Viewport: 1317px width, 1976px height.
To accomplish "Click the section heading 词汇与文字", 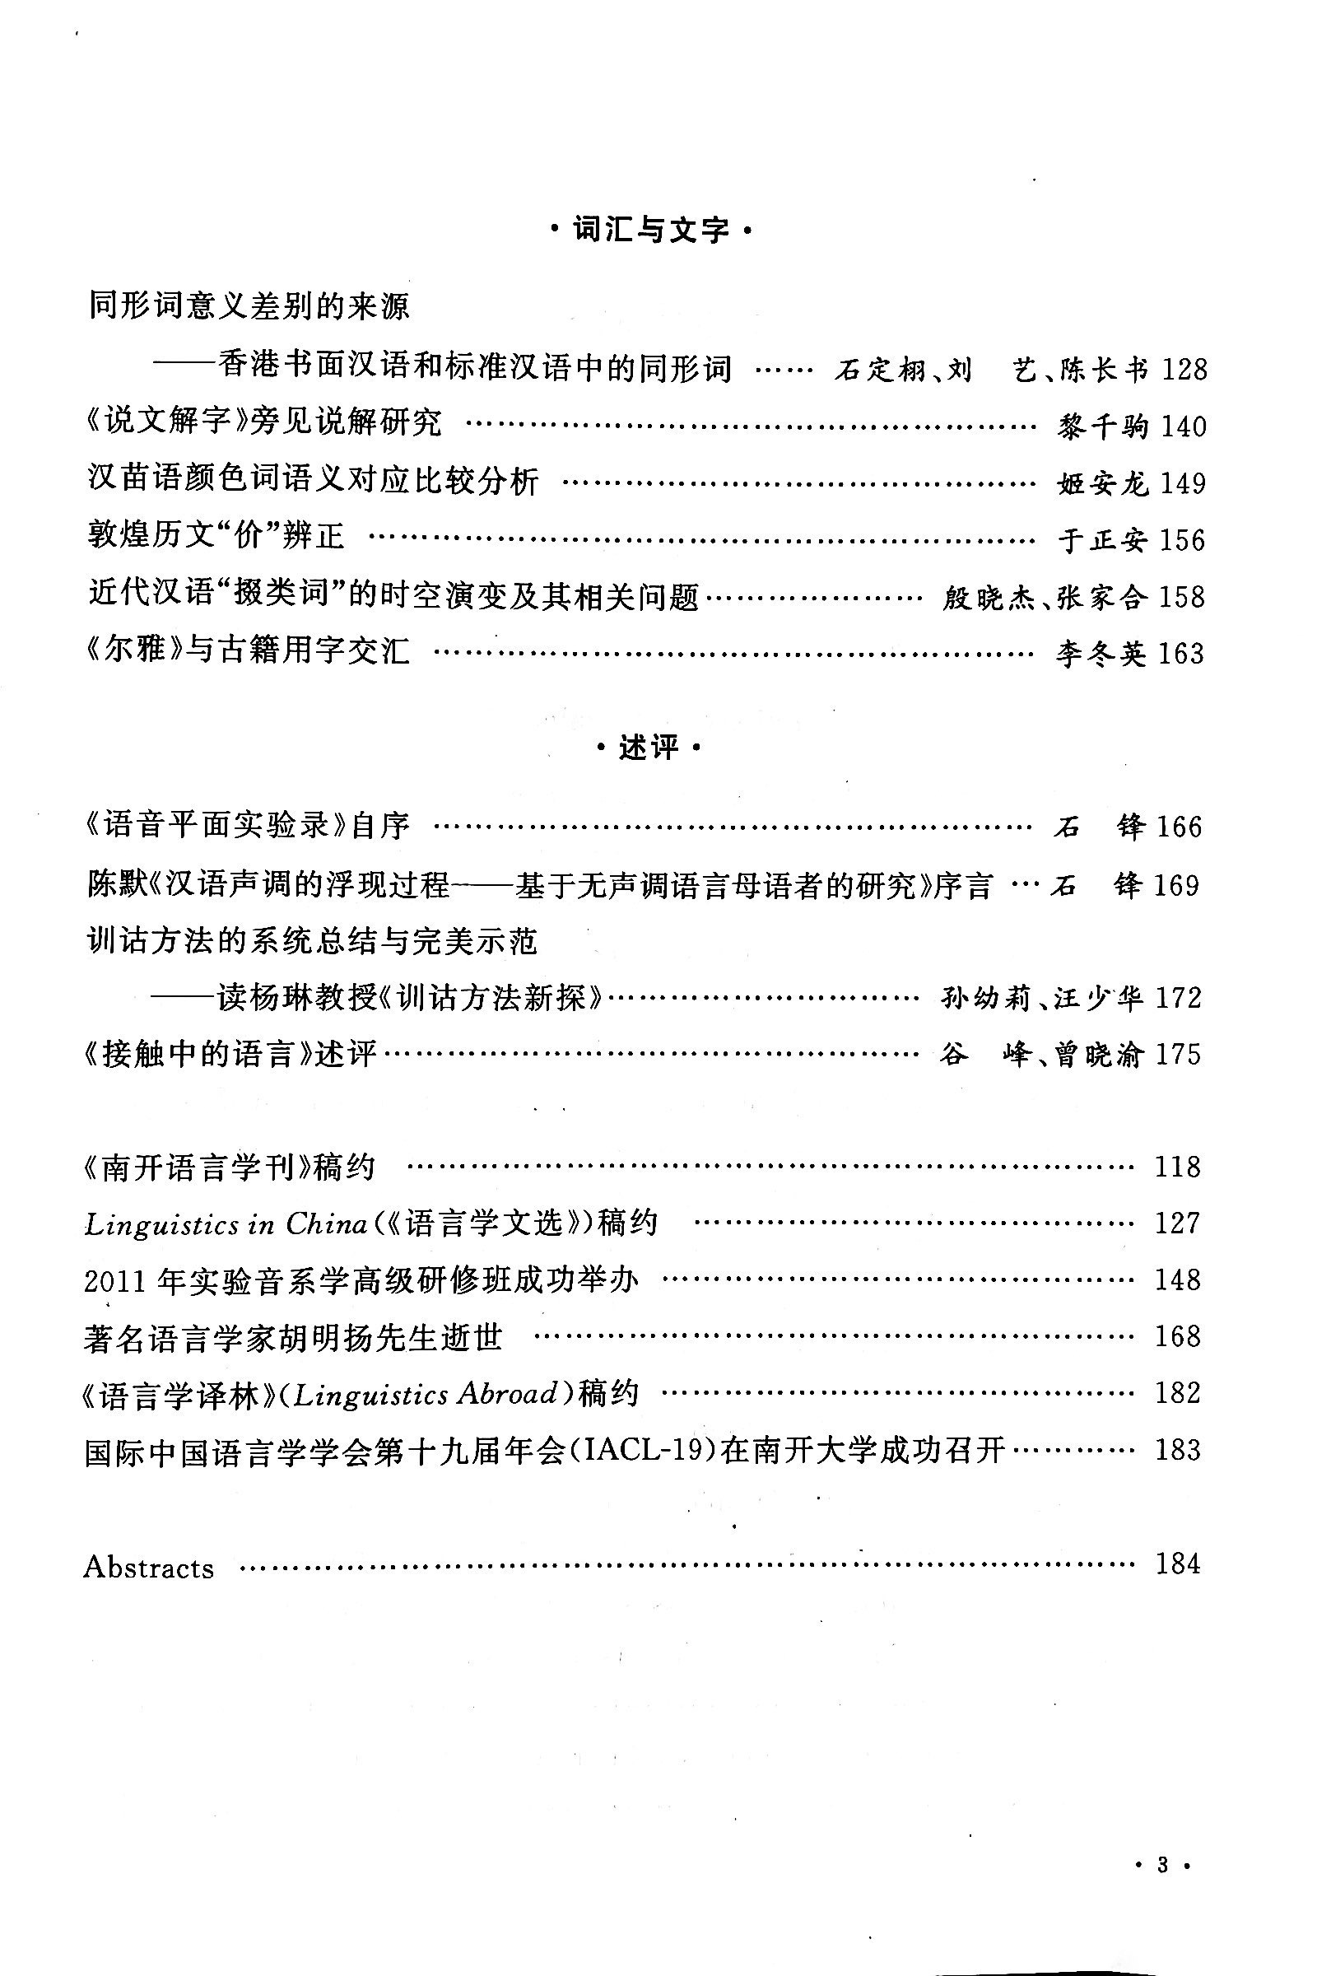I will pos(650,230).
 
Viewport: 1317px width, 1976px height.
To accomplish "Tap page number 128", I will pos(1184,370).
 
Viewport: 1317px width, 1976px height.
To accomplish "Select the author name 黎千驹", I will pos(1102,426).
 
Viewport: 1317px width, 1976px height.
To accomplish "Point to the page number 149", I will pos(1183,484).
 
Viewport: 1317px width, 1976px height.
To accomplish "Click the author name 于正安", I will pos(1102,540).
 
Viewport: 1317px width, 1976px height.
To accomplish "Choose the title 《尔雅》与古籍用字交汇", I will pos(249,650).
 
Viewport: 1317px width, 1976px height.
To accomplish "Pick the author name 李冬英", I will pos(1101,654).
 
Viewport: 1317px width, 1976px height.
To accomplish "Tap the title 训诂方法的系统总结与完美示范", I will pos(313,942).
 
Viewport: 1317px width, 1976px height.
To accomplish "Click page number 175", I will pos(1178,1056).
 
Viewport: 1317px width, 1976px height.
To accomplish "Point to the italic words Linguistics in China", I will pos(225,1225).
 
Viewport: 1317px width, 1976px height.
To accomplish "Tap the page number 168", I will pos(1178,1336).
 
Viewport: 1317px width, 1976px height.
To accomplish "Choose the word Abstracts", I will pos(149,1568).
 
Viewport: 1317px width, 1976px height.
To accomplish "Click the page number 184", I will pos(1178,1564).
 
